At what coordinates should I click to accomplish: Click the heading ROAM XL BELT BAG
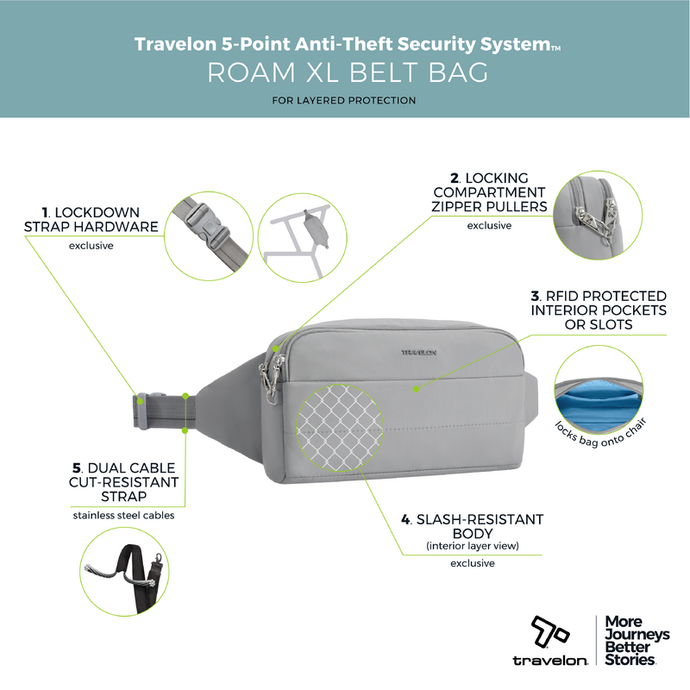tap(348, 72)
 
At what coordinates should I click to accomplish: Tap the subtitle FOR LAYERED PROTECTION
tap(344, 101)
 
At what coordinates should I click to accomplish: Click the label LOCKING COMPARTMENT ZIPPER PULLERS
tap(491, 191)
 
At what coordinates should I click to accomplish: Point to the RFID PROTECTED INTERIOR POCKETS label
tap(599, 310)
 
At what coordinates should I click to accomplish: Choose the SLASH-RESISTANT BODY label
tap(472, 527)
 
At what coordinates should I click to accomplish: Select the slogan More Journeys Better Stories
tap(637, 640)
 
